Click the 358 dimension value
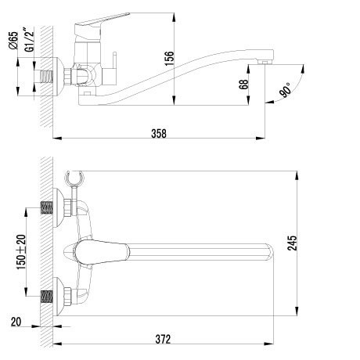(x=159, y=133)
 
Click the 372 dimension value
(x=163, y=339)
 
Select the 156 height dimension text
(x=169, y=59)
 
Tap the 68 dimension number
(x=244, y=85)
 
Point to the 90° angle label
(x=285, y=90)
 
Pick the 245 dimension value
(x=292, y=243)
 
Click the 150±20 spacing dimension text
(x=22, y=252)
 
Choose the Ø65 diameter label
(x=13, y=41)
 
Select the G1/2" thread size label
(x=29, y=39)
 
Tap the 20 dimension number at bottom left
(x=16, y=322)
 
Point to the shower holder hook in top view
(x=74, y=178)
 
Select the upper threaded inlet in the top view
(x=47, y=207)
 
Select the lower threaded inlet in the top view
(x=47, y=297)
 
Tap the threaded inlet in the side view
(x=47, y=77)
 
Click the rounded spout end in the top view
(x=268, y=252)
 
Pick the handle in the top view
(x=102, y=252)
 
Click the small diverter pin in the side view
(x=114, y=60)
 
